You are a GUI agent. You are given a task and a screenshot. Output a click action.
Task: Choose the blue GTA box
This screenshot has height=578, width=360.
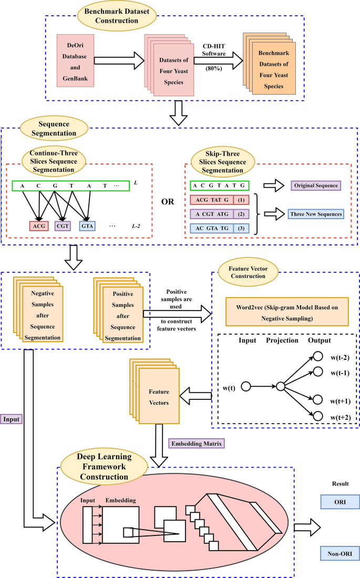tap(88, 226)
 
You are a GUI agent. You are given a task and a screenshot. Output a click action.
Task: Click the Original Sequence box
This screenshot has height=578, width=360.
tap(315, 185)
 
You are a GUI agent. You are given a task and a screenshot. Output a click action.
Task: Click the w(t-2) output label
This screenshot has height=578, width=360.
tap(341, 358)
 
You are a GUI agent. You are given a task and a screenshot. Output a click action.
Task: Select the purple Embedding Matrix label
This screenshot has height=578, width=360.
tap(198, 443)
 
